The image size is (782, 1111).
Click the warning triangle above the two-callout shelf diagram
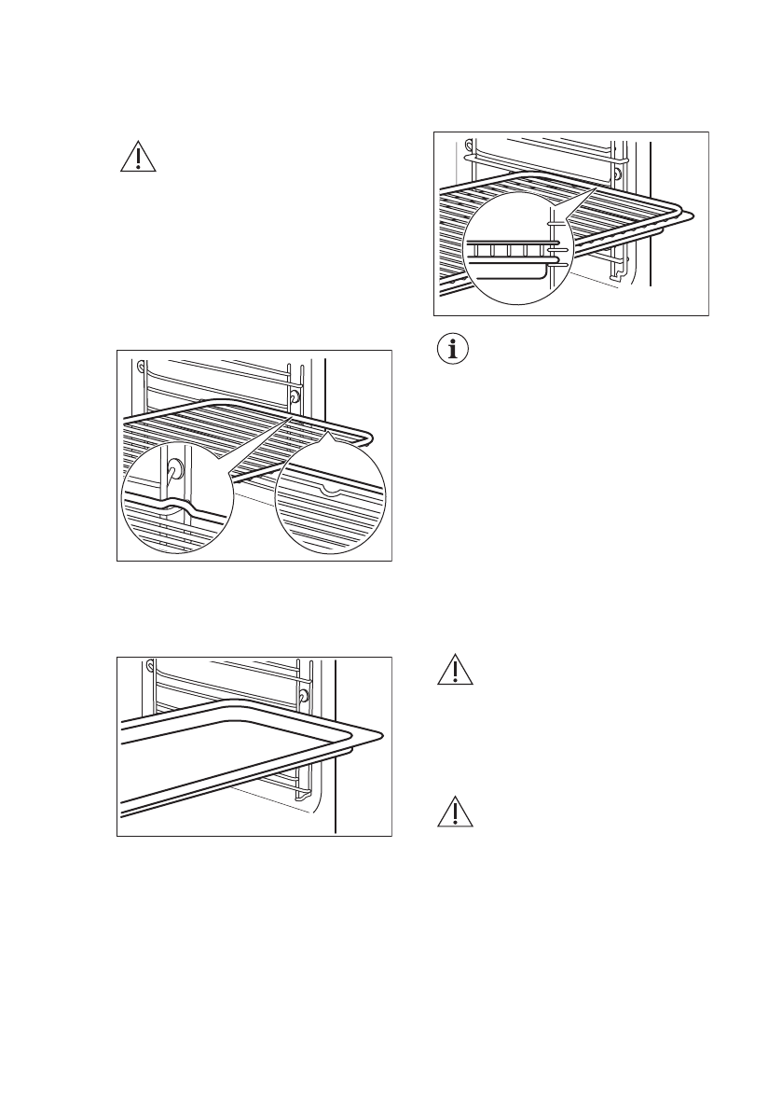(x=138, y=158)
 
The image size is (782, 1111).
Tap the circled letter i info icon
(x=453, y=350)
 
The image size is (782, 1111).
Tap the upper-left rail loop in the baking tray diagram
(x=149, y=666)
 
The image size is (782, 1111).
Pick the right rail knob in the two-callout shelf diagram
(x=295, y=396)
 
